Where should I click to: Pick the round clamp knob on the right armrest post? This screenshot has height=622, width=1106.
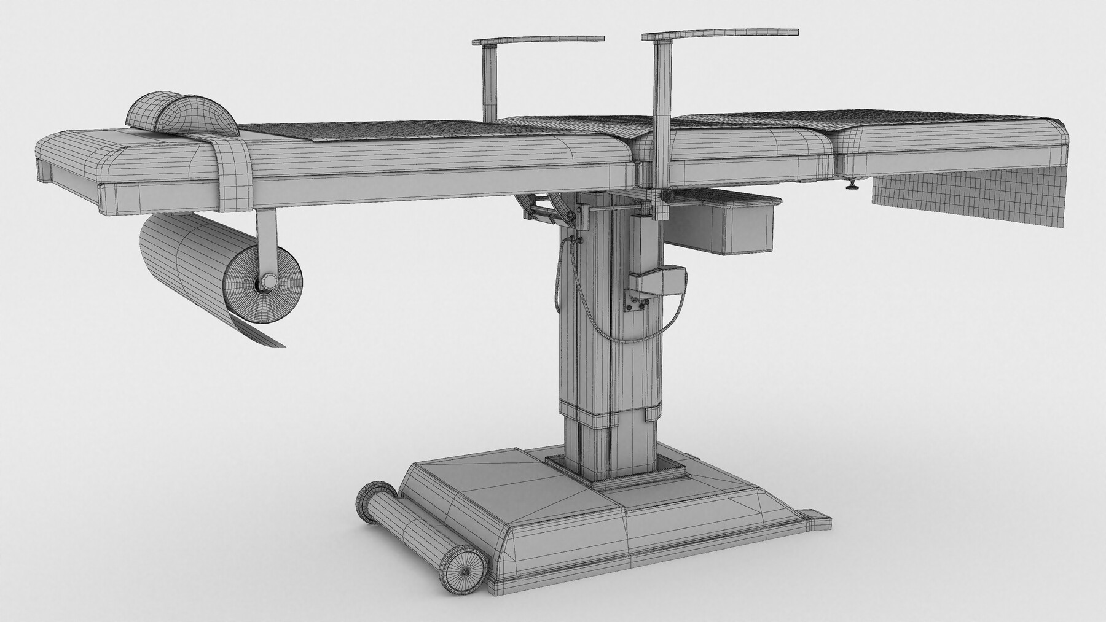(666, 196)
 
